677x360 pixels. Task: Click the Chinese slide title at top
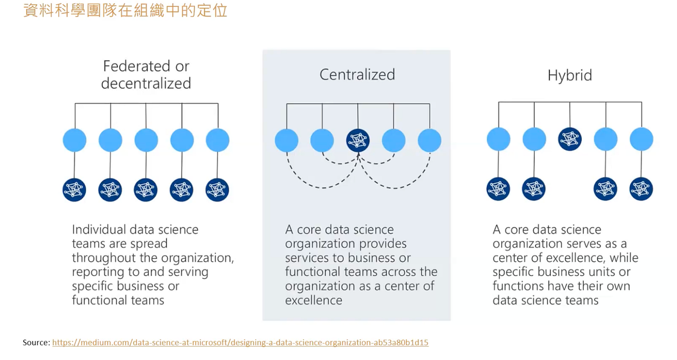(125, 10)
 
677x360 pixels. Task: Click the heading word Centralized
(357, 74)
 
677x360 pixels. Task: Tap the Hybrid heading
(569, 75)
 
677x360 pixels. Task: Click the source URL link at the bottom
(240, 343)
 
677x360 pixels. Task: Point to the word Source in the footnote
(36, 343)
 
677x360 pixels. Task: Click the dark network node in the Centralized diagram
(358, 140)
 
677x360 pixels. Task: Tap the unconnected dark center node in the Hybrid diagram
(570, 139)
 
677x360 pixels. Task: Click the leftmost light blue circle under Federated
(74, 140)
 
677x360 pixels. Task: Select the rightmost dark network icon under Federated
(217, 190)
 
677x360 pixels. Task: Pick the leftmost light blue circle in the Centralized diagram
(286, 140)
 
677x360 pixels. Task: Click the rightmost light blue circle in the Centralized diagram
(429, 140)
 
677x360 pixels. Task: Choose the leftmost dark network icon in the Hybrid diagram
(498, 189)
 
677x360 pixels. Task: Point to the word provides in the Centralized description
(382, 243)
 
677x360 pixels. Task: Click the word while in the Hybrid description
(624, 257)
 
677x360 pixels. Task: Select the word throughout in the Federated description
(101, 258)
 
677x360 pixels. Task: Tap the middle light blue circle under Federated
(146, 140)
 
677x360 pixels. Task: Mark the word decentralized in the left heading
(146, 83)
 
